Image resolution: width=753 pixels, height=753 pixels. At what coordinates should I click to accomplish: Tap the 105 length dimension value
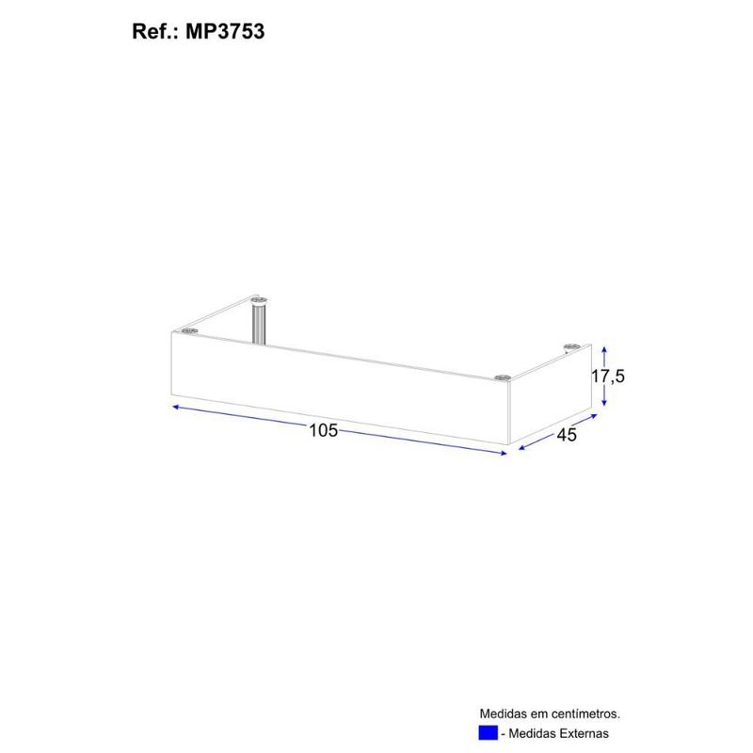(x=323, y=431)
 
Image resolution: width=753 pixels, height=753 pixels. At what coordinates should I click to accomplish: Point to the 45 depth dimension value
(x=566, y=434)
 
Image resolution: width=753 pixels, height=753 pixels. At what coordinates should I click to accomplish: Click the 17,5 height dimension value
(x=608, y=376)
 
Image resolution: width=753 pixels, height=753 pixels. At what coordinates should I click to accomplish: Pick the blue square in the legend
(x=488, y=733)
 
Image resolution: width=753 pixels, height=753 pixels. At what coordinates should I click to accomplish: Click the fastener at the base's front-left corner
(x=189, y=330)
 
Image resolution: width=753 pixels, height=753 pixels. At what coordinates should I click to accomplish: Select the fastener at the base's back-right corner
(x=570, y=348)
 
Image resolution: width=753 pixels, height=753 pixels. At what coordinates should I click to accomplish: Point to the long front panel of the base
(x=339, y=391)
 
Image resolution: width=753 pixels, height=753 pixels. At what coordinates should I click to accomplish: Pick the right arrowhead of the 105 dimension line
(x=504, y=453)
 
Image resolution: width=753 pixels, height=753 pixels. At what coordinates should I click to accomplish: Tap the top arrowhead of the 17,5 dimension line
(x=605, y=345)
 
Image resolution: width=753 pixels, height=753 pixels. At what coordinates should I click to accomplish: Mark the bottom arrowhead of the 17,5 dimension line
(x=605, y=405)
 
